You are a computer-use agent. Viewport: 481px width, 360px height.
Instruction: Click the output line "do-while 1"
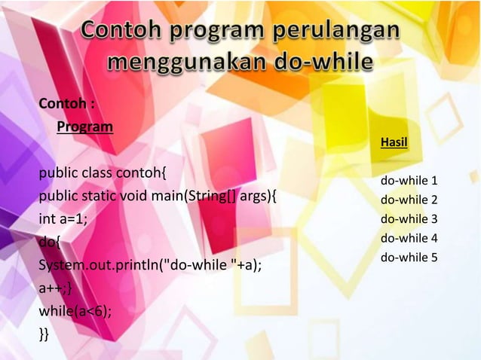coord(409,182)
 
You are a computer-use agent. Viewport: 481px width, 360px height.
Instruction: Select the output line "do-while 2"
coord(409,200)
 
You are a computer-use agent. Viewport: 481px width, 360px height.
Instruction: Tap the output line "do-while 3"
coord(409,219)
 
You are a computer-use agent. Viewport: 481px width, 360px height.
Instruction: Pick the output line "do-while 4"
coord(409,239)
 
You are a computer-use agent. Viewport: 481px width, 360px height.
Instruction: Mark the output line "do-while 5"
coord(409,258)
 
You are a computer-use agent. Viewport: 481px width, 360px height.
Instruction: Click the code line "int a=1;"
coord(63,220)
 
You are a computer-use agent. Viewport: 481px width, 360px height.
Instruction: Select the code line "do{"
coord(51,243)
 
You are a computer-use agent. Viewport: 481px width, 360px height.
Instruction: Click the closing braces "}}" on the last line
coord(44,334)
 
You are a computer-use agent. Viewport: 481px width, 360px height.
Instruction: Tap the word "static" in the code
coord(94,197)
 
